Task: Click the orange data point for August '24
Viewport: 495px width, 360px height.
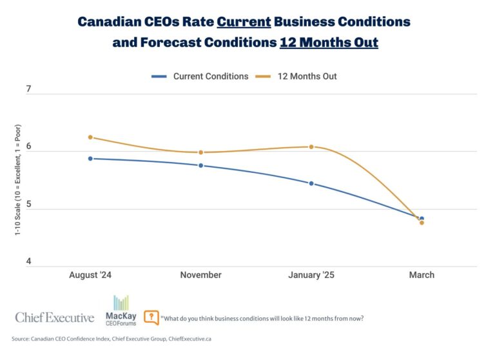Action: [91, 137]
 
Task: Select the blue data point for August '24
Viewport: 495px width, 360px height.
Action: [91, 159]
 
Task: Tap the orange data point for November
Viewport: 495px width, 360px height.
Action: [200, 153]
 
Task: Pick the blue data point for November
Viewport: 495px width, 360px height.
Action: [200, 166]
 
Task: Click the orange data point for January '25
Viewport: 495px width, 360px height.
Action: [311, 147]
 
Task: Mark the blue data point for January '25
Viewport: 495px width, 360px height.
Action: [311, 184]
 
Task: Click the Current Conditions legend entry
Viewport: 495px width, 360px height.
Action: [200, 76]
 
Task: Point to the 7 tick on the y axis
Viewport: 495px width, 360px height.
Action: [28, 89]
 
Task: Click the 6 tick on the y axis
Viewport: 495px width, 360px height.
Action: [28, 146]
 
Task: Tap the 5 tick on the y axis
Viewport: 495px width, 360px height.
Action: [28, 204]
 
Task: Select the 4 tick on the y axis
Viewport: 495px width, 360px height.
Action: [28, 261]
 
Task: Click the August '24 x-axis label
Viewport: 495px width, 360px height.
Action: [91, 275]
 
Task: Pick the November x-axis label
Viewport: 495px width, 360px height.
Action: [200, 275]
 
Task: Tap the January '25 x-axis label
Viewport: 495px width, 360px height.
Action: [311, 275]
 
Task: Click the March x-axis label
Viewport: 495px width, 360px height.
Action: [422, 275]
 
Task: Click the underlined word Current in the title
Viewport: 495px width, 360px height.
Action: [244, 21]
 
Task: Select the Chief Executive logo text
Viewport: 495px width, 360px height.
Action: [55, 317]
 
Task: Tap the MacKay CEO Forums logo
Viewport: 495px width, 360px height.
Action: [121, 309]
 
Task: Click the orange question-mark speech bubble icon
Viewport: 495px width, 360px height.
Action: [151, 317]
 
